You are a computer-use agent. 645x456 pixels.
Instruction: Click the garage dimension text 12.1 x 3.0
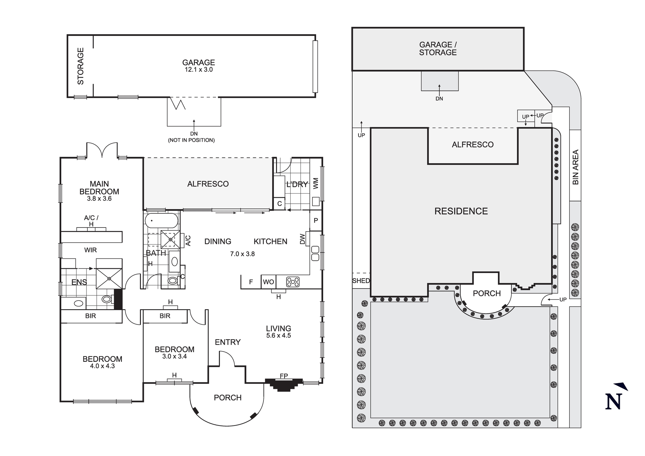point(198,70)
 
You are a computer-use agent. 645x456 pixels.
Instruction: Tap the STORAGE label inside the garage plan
point(80,66)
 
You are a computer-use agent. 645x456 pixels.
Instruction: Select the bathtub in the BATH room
point(161,221)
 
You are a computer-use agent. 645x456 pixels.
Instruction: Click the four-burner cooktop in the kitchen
point(293,282)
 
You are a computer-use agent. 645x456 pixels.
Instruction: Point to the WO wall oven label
point(268,282)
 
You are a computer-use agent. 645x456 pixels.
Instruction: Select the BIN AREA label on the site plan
point(575,167)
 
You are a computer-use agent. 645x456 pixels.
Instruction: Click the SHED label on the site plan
point(361,281)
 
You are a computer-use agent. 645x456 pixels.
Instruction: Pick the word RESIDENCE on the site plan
point(461,211)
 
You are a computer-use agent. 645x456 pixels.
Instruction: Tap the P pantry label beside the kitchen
point(316,220)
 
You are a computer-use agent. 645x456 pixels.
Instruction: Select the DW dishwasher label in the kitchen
point(303,239)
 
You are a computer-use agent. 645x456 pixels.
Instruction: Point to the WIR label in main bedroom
point(90,250)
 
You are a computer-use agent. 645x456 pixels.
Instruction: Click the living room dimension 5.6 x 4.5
point(278,336)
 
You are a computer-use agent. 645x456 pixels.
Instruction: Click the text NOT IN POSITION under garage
point(191,140)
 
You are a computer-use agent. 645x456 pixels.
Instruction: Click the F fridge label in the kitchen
point(251,282)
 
